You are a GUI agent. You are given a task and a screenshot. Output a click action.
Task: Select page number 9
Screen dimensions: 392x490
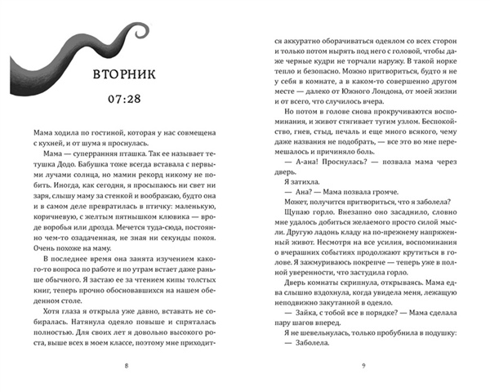click(x=363, y=364)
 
